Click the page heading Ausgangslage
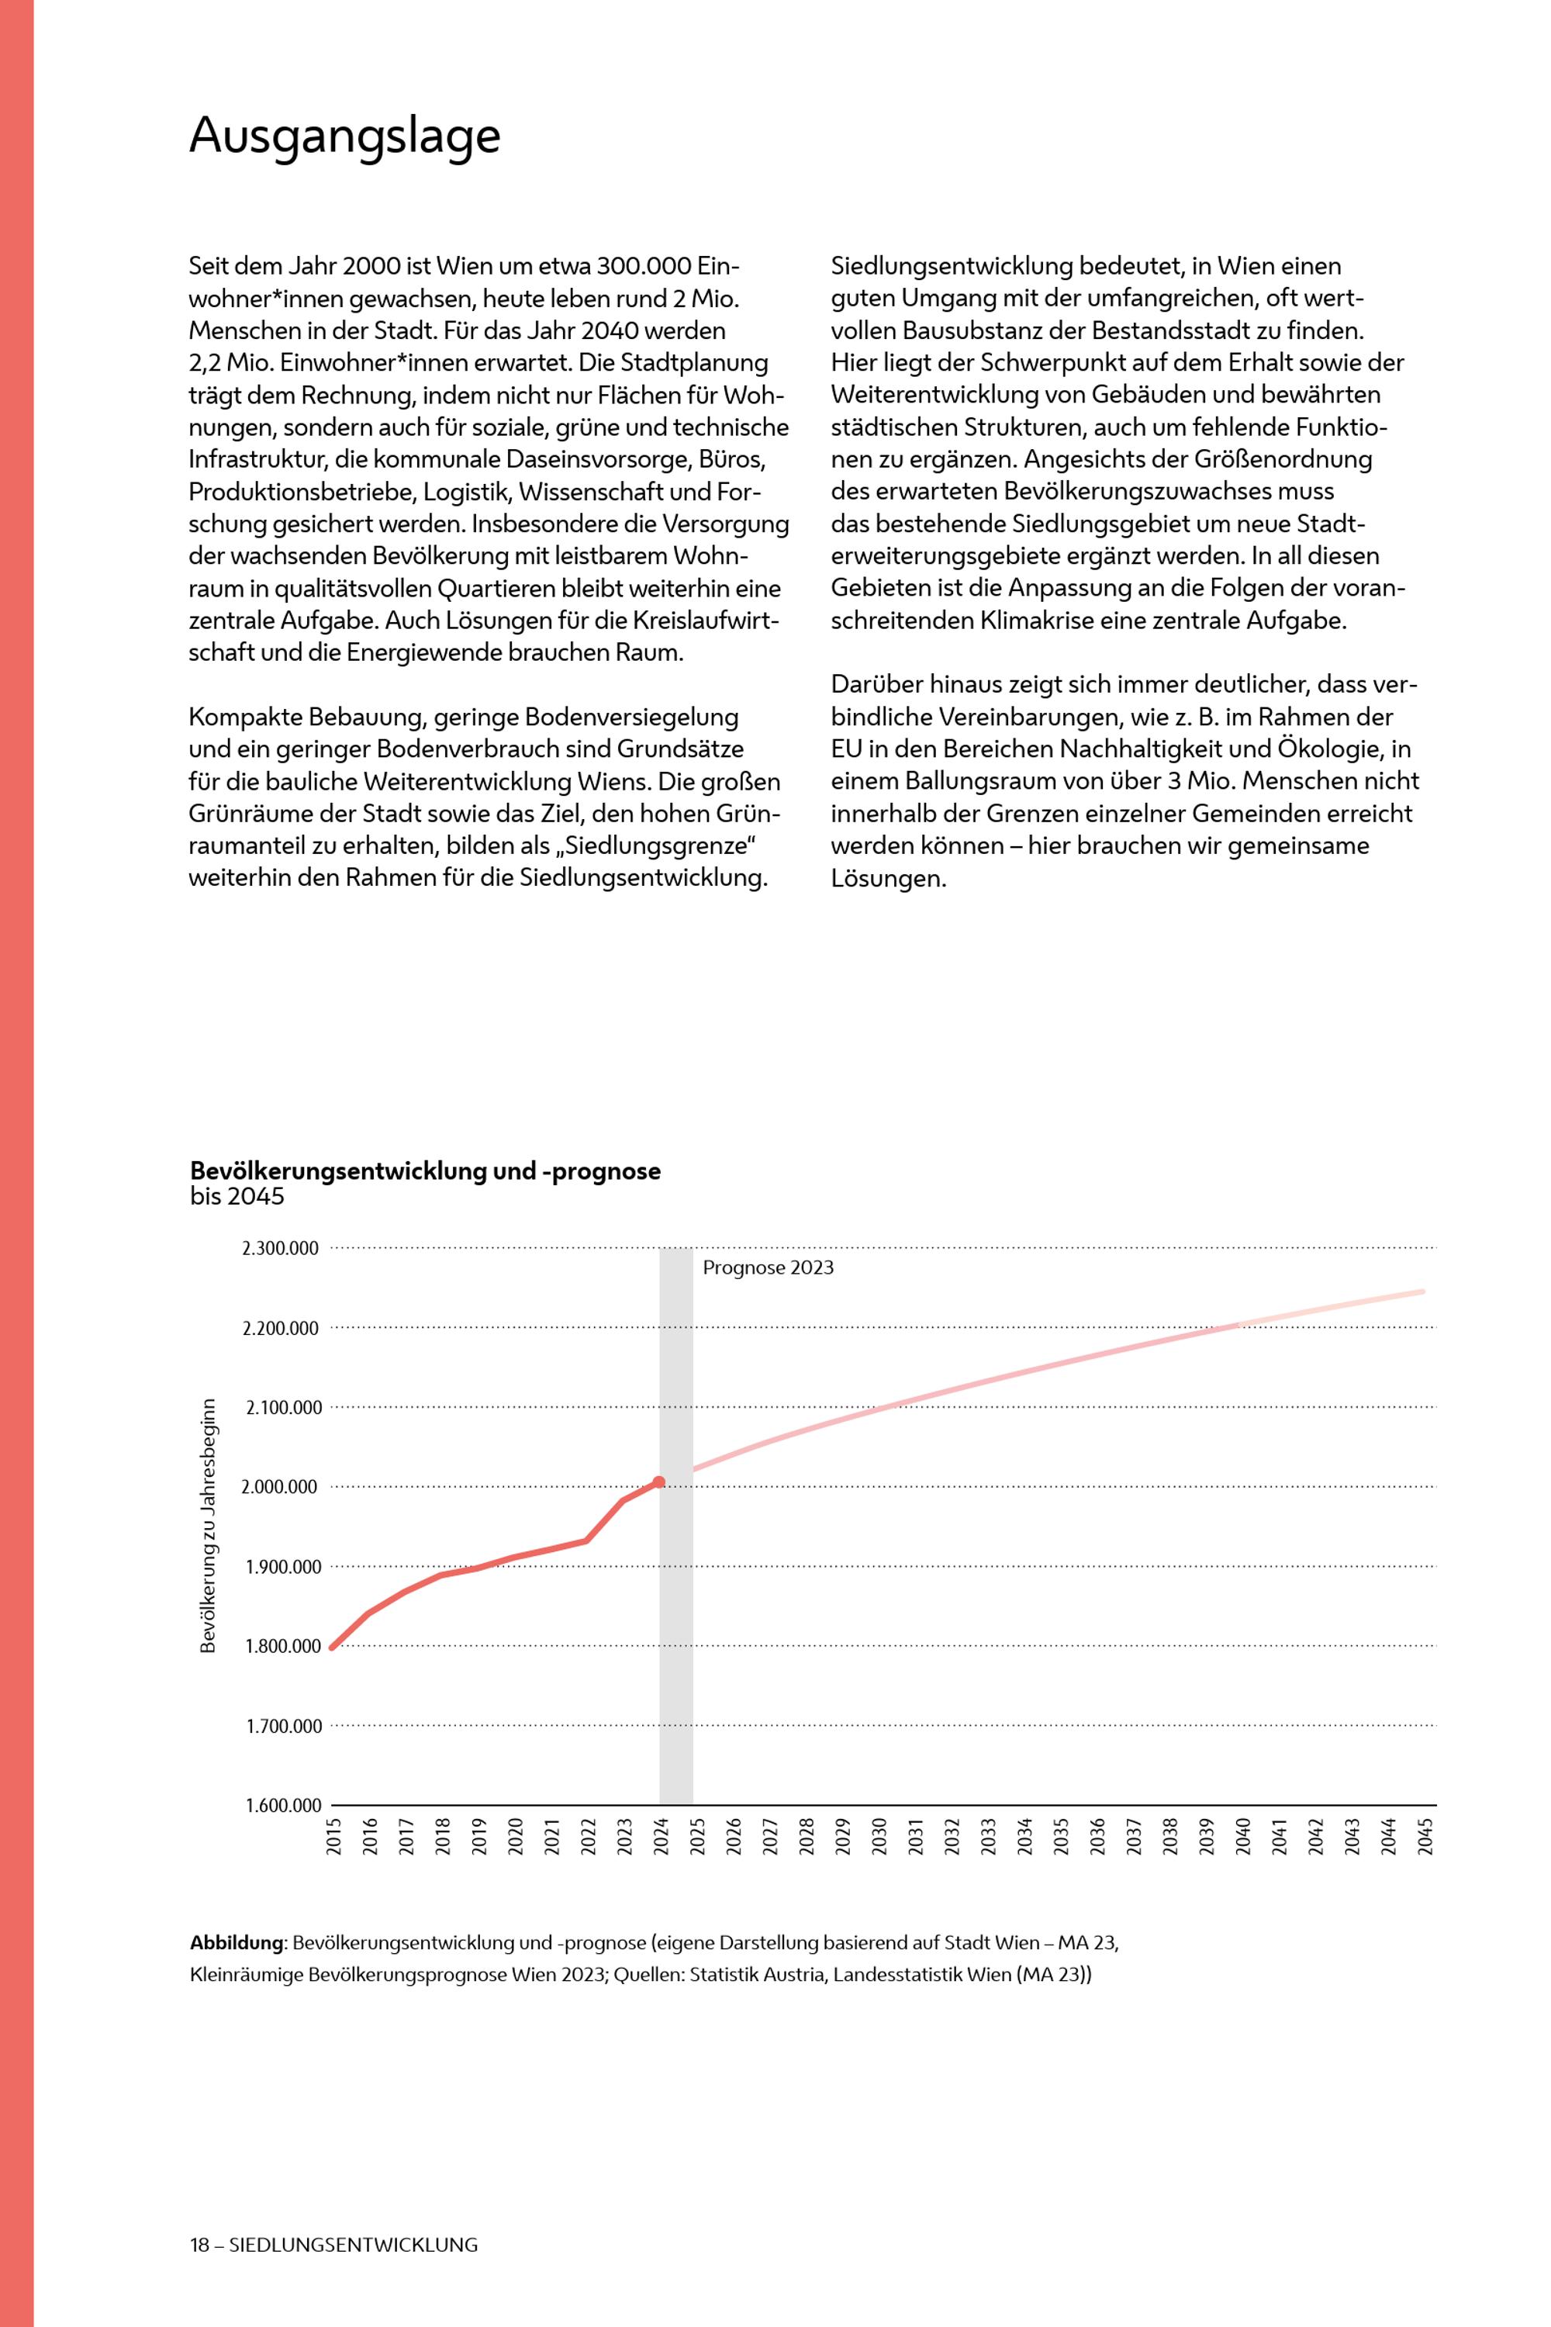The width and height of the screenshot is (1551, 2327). pyautogui.click(x=344, y=136)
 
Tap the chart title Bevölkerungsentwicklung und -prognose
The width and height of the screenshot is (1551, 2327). pyautogui.click(x=425, y=1171)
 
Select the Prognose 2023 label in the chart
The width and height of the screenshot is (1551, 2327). pyautogui.click(x=768, y=1268)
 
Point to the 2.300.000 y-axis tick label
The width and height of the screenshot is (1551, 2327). pyautogui.click(x=281, y=1249)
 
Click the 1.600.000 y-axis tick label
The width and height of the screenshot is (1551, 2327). pyautogui.click(x=284, y=1806)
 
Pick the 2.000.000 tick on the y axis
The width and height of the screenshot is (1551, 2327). pyautogui.click(x=281, y=1487)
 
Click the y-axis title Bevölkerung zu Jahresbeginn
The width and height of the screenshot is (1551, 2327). pyautogui.click(x=209, y=1526)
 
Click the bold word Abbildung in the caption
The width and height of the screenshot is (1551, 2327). pyautogui.click(x=237, y=1942)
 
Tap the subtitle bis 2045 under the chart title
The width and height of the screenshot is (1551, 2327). pyautogui.click(x=237, y=1196)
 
